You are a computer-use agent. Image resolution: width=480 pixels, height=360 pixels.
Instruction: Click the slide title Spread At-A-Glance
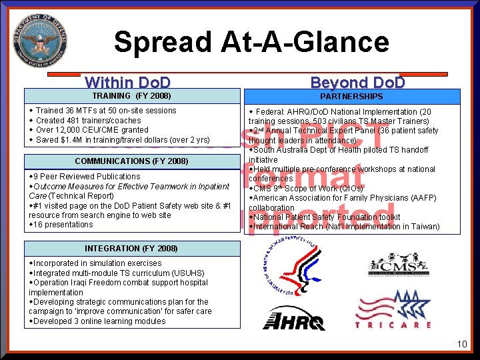point(251,42)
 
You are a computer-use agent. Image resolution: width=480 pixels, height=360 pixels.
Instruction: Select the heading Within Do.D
point(128,83)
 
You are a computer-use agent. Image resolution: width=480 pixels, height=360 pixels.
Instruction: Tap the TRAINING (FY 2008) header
point(131,96)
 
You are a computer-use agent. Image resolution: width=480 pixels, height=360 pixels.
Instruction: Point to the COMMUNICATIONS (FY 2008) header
point(131,161)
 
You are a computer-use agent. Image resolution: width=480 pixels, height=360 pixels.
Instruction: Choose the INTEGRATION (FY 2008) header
point(131,249)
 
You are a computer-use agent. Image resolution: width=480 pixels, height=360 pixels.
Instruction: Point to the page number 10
point(462,344)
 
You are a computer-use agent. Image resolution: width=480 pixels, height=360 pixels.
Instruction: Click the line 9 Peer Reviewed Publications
point(87,177)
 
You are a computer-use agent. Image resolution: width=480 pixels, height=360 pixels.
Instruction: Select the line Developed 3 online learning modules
point(99,321)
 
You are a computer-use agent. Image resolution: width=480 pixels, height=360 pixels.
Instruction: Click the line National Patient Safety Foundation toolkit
point(326,217)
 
